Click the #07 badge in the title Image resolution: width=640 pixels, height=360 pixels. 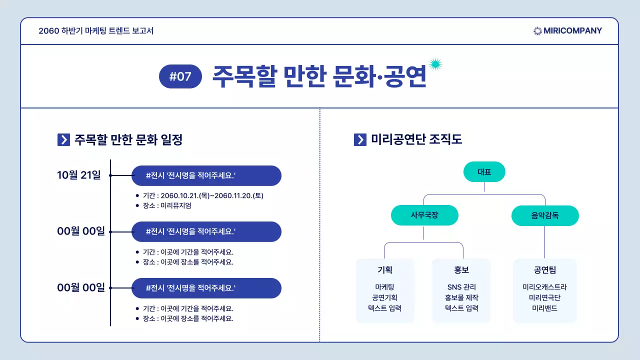tap(180, 76)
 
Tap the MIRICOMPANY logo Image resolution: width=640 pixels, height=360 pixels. tap(567, 31)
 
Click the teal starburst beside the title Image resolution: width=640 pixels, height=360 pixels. tap(435, 64)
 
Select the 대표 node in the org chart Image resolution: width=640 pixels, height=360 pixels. tap(484, 172)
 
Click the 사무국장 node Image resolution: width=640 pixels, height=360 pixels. tap(424, 215)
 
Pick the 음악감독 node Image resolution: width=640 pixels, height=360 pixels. tap(545, 216)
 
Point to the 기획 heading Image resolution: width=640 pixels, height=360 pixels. tap(384, 270)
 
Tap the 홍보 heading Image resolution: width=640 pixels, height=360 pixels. tap(461, 270)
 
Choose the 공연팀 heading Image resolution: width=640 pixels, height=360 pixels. tap(544, 270)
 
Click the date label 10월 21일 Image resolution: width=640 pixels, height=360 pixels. tap(79, 175)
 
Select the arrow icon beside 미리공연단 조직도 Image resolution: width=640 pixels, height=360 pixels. tap(360, 140)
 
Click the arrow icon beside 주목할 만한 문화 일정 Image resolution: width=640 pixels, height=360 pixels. tap(63, 140)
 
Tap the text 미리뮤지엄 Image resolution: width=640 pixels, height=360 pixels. tap(176, 205)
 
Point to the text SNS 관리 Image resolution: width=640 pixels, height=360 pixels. tap(461, 287)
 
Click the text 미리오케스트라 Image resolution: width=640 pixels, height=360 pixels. tap(544, 287)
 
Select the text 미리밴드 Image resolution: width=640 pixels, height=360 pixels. tap(544, 308)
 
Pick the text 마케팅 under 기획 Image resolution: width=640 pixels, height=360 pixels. tap(384, 287)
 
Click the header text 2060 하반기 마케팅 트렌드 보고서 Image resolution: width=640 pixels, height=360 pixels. tap(96, 31)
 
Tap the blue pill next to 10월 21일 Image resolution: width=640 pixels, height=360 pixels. tap(206, 175)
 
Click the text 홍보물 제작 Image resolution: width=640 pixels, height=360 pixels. tap(461, 297)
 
